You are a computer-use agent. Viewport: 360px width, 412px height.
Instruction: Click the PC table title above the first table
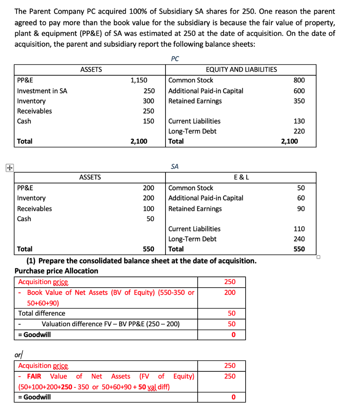point(174,59)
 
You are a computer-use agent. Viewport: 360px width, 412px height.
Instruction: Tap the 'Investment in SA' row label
point(42,91)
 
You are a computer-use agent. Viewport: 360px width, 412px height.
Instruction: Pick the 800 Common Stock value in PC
point(299,80)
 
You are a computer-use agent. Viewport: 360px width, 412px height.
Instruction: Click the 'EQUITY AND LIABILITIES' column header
point(241,69)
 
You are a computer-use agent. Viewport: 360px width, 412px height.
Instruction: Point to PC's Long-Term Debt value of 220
point(299,131)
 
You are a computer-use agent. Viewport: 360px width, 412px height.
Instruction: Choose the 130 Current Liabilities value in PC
point(299,121)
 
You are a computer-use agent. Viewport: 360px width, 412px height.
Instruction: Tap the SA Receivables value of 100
point(149,208)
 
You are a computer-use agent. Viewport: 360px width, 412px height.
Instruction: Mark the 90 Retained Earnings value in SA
point(301,208)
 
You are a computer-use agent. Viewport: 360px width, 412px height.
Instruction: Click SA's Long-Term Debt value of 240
point(299,239)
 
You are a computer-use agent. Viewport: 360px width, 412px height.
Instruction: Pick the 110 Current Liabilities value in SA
point(299,229)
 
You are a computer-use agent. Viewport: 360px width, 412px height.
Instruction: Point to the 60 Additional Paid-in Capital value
point(301,198)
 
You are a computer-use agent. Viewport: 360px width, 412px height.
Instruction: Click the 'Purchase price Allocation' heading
point(56,271)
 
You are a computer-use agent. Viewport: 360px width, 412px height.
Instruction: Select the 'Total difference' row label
point(42,313)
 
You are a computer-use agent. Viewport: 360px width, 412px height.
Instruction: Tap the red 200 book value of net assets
point(230,293)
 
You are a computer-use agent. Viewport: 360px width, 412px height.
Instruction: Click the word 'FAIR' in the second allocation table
point(34,376)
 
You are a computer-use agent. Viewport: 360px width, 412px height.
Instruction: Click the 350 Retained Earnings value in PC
point(299,101)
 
